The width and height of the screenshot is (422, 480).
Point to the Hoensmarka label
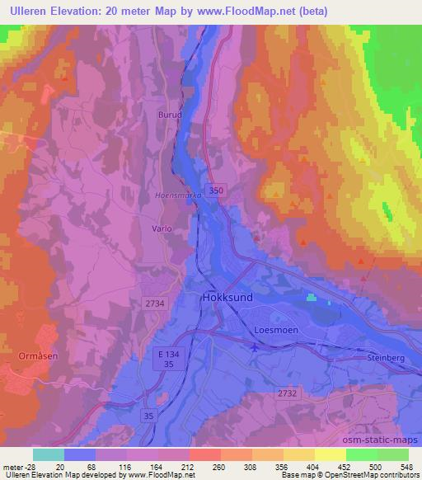(x=173, y=195)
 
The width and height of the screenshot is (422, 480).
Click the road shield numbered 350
(x=216, y=191)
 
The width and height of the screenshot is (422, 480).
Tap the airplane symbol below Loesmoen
(x=254, y=348)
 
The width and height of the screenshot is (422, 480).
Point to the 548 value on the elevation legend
(x=407, y=466)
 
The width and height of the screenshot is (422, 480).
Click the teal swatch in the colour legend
(x=49, y=454)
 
